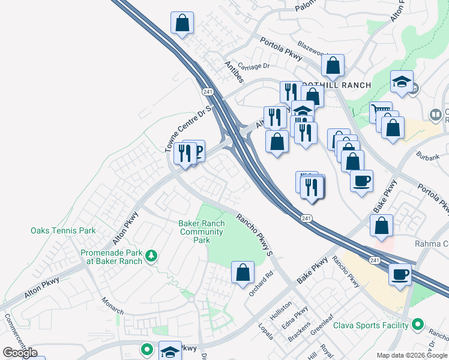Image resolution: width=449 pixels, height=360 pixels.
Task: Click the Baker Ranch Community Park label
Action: (x=202, y=232)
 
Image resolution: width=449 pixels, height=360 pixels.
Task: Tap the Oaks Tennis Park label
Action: (x=63, y=230)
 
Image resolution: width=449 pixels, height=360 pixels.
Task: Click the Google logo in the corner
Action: (x=20, y=353)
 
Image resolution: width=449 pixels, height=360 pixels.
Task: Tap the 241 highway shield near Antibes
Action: (x=208, y=91)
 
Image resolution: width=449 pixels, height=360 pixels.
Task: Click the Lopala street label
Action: (x=265, y=332)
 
